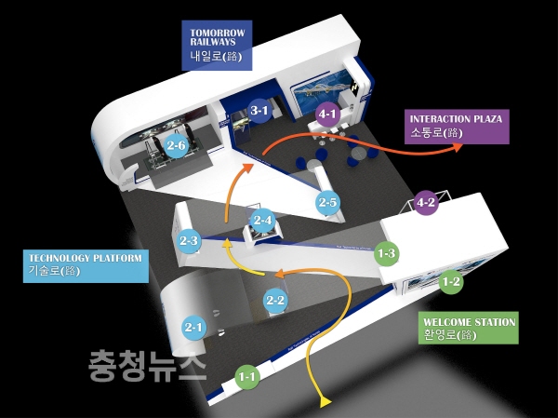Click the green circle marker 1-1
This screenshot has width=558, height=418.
(246, 377)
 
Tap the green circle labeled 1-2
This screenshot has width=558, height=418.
(451, 280)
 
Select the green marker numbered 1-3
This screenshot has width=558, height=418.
(386, 252)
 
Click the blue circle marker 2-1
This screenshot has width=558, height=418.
(193, 327)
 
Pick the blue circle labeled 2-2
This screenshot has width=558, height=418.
(275, 300)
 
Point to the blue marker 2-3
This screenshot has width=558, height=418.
(189, 240)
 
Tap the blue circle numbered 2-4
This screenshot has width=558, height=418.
(263, 221)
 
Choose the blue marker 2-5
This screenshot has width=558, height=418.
(326, 202)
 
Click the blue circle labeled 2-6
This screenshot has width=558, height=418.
(177, 145)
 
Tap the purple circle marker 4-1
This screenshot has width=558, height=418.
(327, 115)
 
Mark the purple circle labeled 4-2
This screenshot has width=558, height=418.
(426, 202)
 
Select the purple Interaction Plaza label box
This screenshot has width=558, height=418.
(457, 126)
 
